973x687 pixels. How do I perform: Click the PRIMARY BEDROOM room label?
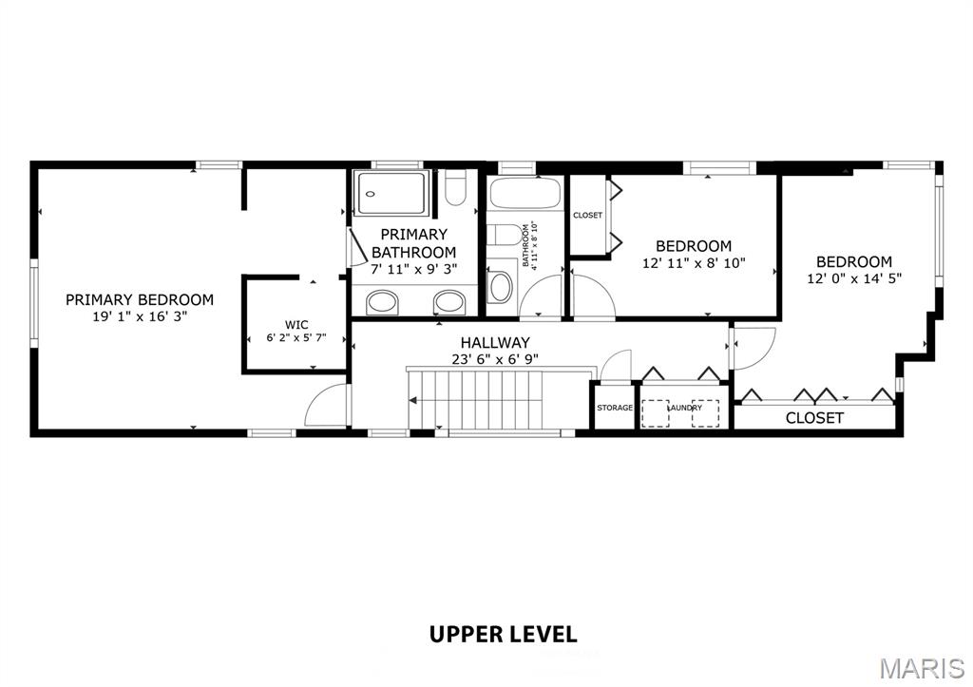coord(140,299)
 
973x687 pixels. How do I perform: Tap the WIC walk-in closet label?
coord(296,325)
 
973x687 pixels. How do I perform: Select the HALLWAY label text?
coord(495,343)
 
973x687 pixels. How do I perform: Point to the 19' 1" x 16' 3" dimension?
coord(140,316)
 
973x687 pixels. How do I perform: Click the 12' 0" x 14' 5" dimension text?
coord(854,278)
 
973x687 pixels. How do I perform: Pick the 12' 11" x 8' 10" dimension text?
coord(694,263)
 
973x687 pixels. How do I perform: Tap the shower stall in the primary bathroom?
coord(391,193)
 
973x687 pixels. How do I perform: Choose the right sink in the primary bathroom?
coord(448,303)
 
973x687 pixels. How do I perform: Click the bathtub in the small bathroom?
coord(525,193)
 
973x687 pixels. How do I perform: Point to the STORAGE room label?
coord(615,408)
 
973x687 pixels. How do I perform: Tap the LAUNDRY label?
coord(685,408)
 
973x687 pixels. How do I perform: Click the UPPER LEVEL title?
coord(504,634)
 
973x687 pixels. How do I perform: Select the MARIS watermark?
coord(923,668)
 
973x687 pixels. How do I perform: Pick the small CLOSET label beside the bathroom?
coord(587,216)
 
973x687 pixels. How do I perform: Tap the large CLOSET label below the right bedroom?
coord(814,418)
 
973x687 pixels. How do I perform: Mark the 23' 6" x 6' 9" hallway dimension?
coord(495,359)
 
